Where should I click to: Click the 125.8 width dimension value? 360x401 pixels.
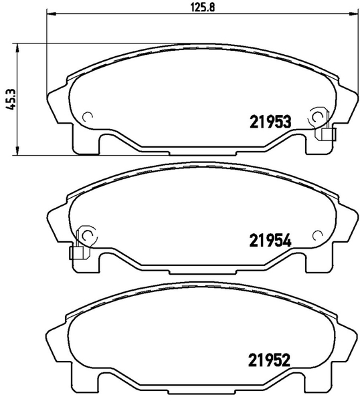[x=203, y=7]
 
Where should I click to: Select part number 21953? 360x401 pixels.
[x=270, y=122]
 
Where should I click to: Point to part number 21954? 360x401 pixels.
[x=270, y=241]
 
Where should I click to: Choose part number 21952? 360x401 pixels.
[x=269, y=360]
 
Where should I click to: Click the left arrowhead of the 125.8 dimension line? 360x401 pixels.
[x=51, y=13]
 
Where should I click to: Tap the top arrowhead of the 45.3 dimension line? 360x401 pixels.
[x=17, y=47]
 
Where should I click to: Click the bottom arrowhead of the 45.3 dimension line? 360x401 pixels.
[x=17, y=151]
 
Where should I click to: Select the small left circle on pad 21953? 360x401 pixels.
[x=87, y=116]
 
